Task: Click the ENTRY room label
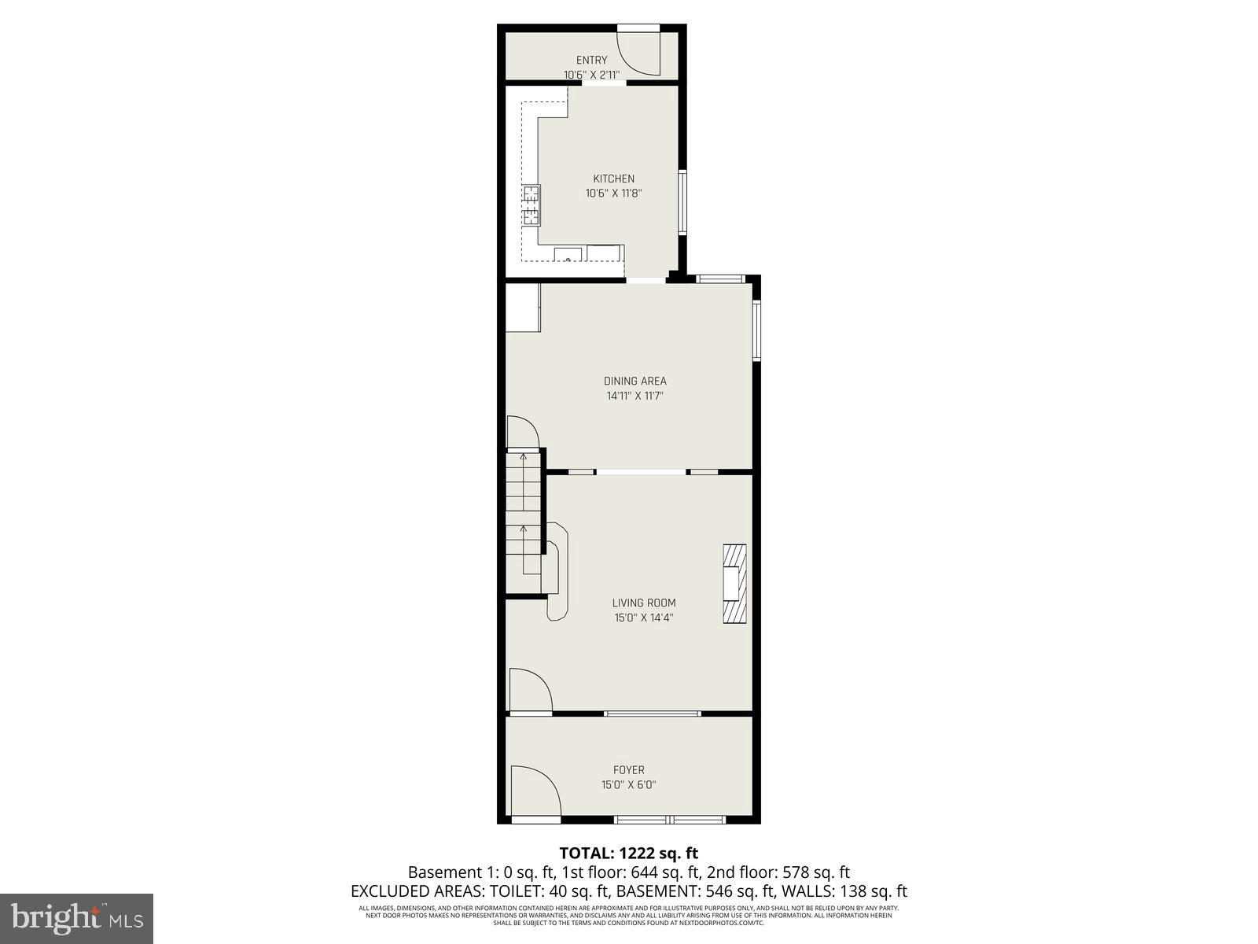coord(591,60)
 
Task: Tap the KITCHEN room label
coord(613,179)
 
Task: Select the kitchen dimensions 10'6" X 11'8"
coord(613,193)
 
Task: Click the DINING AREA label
coord(635,381)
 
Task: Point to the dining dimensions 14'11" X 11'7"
coord(635,396)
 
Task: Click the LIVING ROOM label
coord(644,603)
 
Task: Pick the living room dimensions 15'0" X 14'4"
coord(644,618)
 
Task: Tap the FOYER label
coord(628,770)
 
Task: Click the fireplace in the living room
coord(734,584)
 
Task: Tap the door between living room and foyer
coord(529,690)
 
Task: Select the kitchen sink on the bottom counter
coord(567,254)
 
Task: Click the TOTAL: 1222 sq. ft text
coord(628,853)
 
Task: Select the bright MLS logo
coord(76,917)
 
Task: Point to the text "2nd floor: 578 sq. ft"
coord(778,872)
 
